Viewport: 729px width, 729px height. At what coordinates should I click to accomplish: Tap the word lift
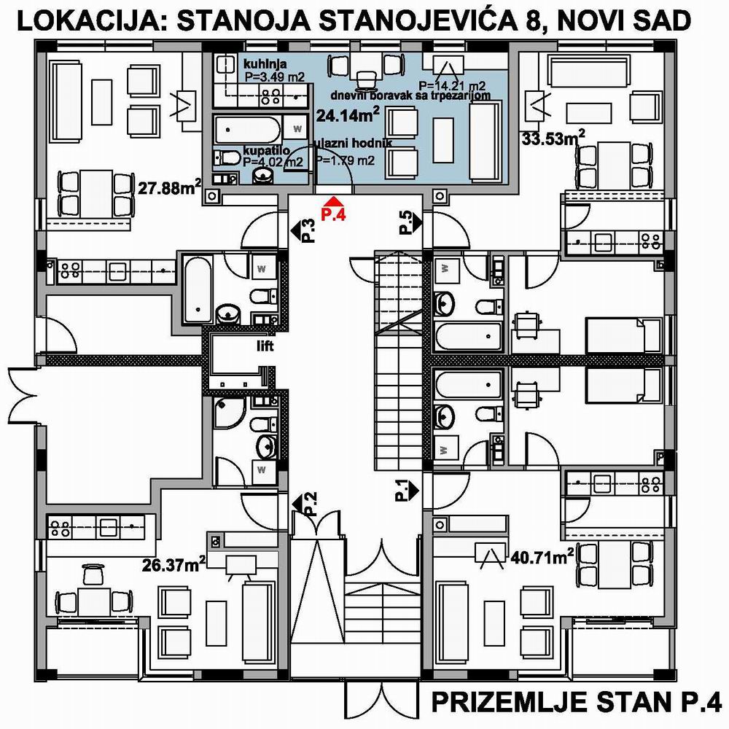[265, 346]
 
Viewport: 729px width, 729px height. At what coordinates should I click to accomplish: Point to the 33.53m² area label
[553, 137]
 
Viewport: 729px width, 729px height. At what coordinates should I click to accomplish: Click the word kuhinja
[265, 64]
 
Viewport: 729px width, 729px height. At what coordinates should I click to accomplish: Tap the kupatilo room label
[267, 151]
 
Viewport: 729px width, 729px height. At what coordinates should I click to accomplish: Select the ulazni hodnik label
[353, 143]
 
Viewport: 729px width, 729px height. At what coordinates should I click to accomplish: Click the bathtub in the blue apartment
[248, 130]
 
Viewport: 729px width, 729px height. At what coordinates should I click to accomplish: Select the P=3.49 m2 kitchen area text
[274, 77]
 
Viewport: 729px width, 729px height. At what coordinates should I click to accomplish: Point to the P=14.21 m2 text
[453, 85]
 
